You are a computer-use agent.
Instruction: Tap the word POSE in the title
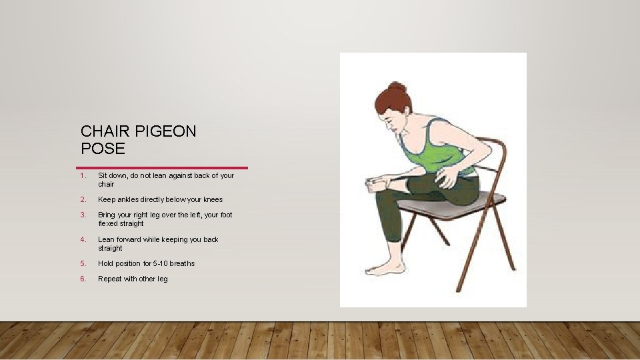pyautogui.click(x=103, y=148)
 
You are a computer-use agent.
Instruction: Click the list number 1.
pyautogui.click(x=81, y=176)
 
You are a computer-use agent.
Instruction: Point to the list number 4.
pyautogui.click(x=82, y=239)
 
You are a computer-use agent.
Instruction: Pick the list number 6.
pyautogui.click(x=82, y=279)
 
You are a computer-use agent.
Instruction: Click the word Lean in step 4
pyautogui.click(x=107, y=239)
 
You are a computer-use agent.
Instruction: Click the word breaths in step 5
pyautogui.click(x=182, y=263)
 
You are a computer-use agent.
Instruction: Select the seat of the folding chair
pyautogui.click(x=453, y=207)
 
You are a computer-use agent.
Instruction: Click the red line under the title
pyautogui.click(x=162, y=167)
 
